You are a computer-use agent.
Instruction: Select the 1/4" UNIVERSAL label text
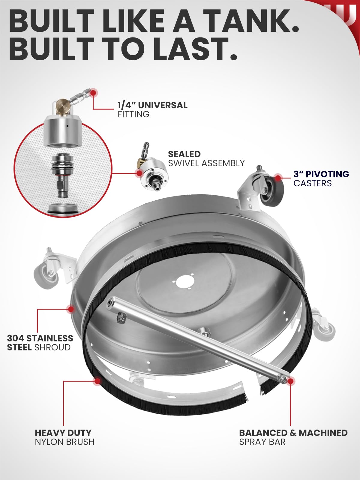click(152, 105)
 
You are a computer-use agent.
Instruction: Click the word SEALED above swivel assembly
click(184, 154)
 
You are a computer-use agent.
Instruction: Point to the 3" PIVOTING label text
click(321, 174)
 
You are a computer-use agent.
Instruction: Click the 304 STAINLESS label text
click(40, 338)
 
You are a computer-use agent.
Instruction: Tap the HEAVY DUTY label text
click(63, 433)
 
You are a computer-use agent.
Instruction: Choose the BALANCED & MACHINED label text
click(293, 433)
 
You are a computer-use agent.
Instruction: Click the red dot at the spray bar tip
click(290, 381)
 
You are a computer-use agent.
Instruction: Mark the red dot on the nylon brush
click(97, 381)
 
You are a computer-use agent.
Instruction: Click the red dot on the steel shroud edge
click(71, 309)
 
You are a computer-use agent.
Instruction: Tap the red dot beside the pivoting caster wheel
click(277, 178)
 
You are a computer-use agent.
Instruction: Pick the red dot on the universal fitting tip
click(94, 93)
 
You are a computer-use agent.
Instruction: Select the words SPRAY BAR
click(262, 442)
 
